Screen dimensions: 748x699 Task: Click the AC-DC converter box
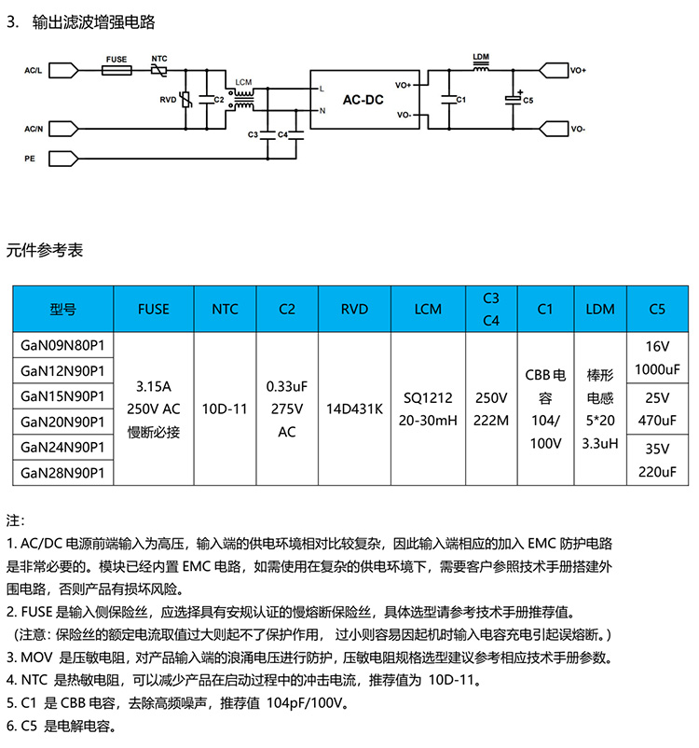(x=357, y=100)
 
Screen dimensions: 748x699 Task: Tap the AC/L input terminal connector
(x=62, y=69)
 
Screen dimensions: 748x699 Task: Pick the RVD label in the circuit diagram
(x=168, y=99)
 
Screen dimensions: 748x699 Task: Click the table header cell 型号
(x=62, y=309)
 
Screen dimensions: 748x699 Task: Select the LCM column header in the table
(x=428, y=309)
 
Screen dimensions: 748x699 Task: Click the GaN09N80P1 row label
(x=62, y=345)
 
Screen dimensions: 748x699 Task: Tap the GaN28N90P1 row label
(x=62, y=474)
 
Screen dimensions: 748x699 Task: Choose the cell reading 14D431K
(x=354, y=409)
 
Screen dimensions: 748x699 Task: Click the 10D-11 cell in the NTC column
(x=225, y=409)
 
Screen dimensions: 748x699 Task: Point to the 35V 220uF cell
(x=654, y=461)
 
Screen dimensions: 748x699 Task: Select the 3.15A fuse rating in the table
(x=153, y=385)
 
